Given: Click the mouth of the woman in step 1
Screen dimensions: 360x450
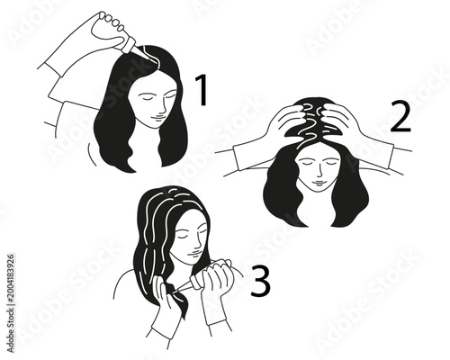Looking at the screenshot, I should click(x=154, y=117).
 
